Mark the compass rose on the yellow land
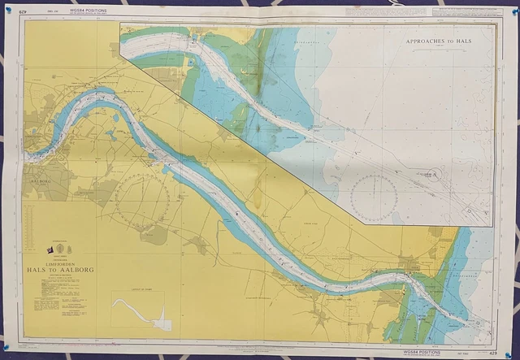coord(141,199)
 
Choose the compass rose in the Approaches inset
coord(375,197)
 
